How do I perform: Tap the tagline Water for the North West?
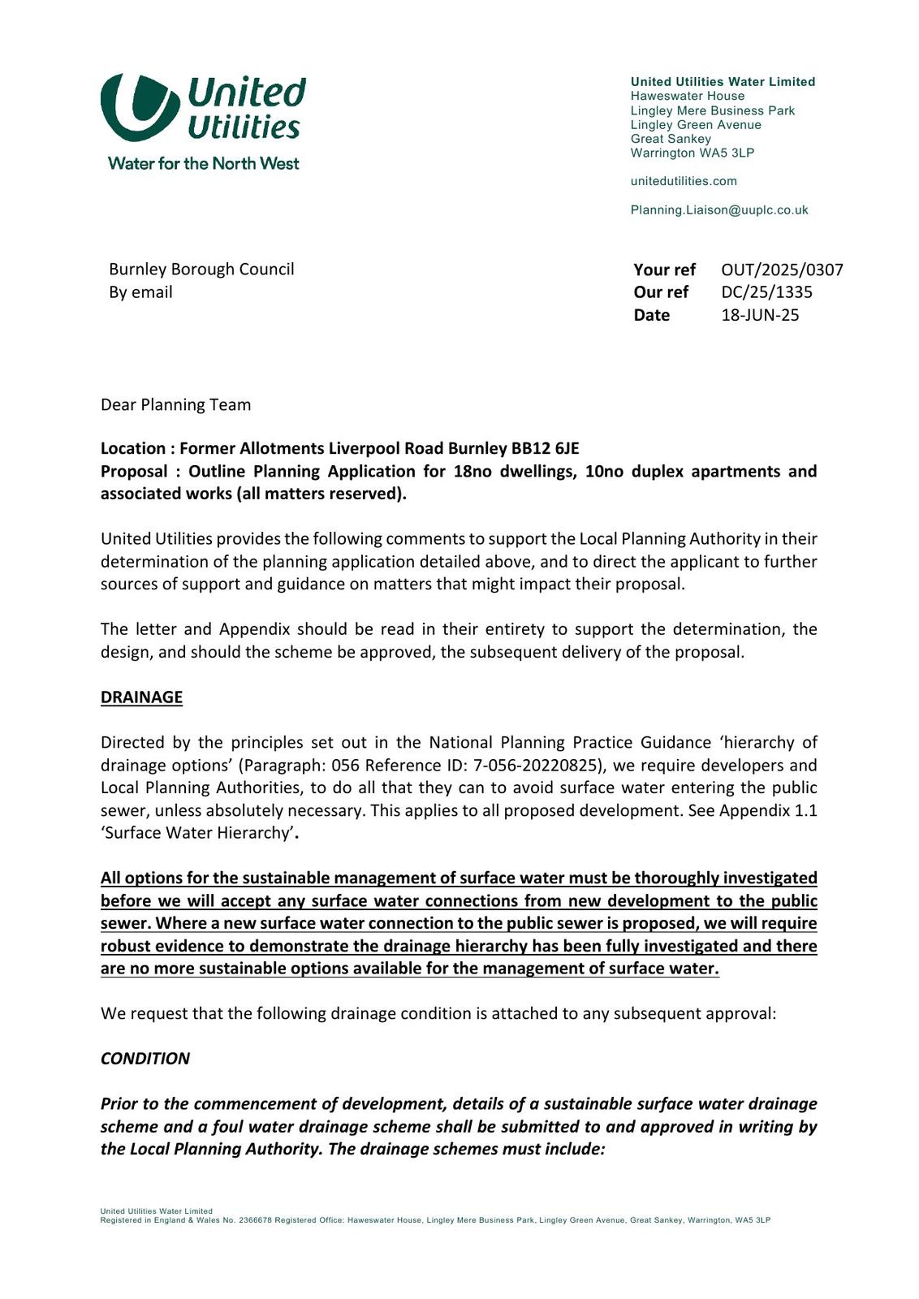click(203, 163)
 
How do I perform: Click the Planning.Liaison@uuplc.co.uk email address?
click(718, 209)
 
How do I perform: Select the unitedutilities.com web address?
click(684, 181)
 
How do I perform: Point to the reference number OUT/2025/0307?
click(782, 270)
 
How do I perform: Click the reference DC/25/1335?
click(766, 292)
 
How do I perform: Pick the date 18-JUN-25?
click(760, 315)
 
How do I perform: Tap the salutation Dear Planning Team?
click(175, 404)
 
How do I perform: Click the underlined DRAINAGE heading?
click(141, 697)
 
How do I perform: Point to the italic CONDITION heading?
click(145, 1059)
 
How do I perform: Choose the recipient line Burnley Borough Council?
click(201, 270)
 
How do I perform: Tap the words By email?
click(140, 292)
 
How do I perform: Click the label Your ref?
click(664, 270)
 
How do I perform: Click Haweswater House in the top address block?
click(687, 96)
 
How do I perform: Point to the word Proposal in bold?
click(133, 472)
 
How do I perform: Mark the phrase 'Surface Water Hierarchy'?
click(196, 833)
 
